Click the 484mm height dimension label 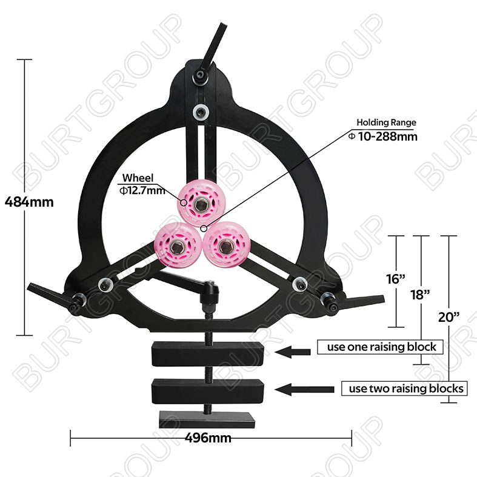click(29, 202)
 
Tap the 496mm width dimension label click(208, 438)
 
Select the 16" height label click(395, 279)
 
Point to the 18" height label click(420, 295)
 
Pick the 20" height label click(449, 317)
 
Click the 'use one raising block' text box click(380, 347)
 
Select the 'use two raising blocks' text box click(404, 389)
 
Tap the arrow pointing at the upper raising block click(292, 352)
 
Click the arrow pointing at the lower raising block click(304, 389)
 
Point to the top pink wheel click(200, 204)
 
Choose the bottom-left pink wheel click(178, 246)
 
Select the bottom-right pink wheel click(225, 245)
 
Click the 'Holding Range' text click(386, 122)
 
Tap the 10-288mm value click(387, 136)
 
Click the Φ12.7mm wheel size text click(142, 191)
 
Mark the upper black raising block click(207, 353)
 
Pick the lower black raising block click(208, 392)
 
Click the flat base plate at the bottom click(207, 419)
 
